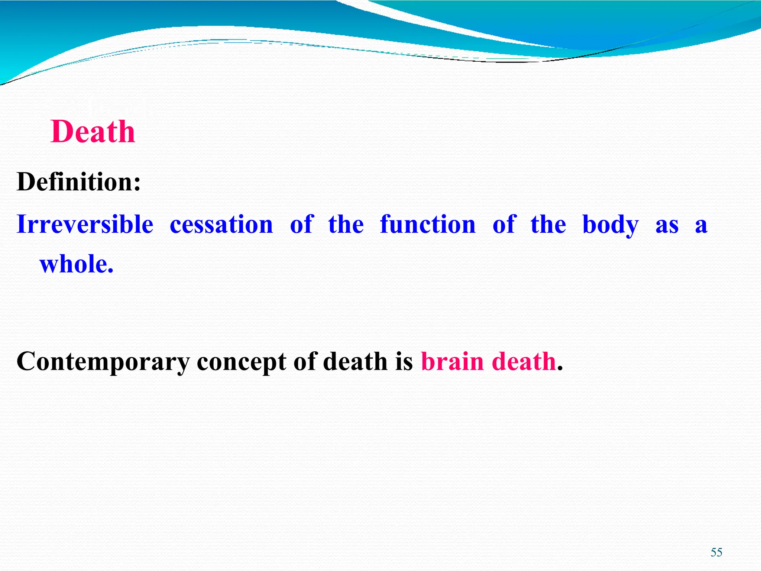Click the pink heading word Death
[93, 132]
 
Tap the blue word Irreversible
[85, 225]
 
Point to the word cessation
[221, 225]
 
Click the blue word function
[428, 225]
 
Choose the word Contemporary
[103, 362]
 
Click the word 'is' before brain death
[404, 361]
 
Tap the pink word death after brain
[524, 361]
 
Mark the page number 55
[716, 552]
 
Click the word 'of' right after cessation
[302, 225]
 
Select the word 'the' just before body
[548, 225]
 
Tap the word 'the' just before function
[346, 225]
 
